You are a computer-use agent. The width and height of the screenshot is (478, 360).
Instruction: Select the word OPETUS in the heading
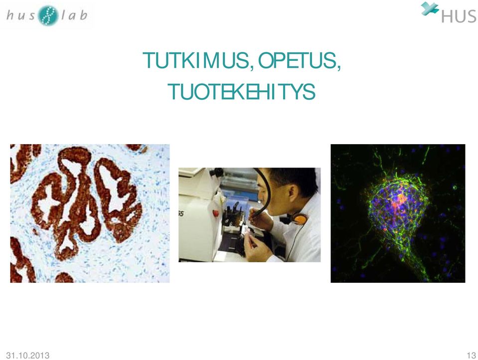[296, 60]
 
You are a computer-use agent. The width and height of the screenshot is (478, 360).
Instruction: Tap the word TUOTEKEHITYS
[241, 92]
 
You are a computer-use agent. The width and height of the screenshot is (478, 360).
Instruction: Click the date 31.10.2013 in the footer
[28, 356]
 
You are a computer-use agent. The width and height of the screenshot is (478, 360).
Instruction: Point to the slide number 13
[471, 356]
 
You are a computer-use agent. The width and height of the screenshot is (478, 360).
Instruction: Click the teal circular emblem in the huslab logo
[48, 15]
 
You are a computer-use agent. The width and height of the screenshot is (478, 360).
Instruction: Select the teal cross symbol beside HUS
[430, 9]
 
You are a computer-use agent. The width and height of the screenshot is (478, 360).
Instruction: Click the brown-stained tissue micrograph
[90, 213]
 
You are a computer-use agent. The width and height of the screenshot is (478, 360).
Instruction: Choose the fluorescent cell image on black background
[398, 213]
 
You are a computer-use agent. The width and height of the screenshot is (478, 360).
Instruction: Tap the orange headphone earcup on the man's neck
[301, 219]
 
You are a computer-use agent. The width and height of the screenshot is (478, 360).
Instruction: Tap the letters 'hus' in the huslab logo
[21, 15]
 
